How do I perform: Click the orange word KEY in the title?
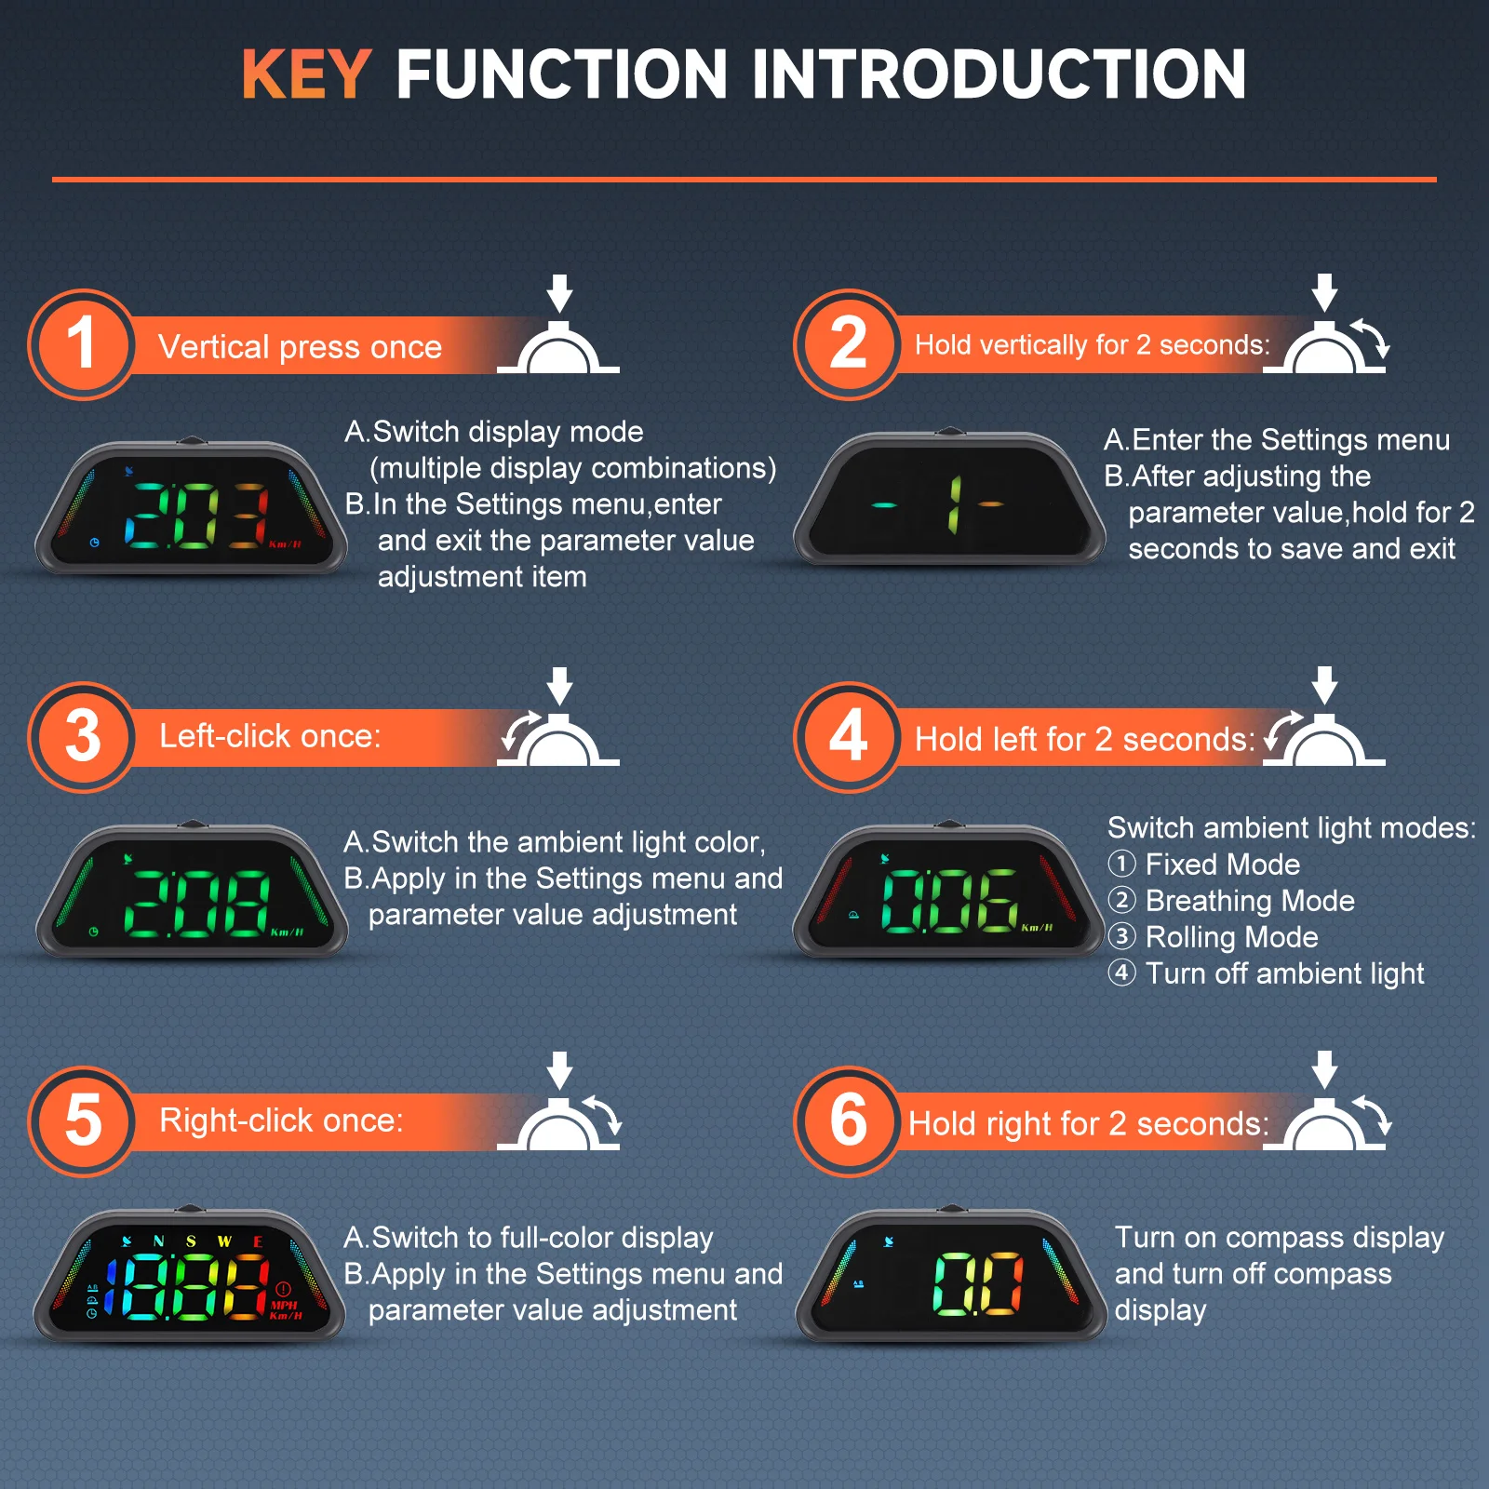coord(306,74)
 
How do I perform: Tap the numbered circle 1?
coord(83,344)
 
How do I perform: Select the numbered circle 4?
coord(848,737)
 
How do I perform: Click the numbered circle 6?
coord(848,1121)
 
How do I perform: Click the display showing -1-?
coord(948,498)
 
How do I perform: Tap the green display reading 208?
coord(191,890)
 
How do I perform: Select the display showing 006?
coord(948,890)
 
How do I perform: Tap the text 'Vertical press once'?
coord(300,347)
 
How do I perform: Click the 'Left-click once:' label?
coord(270,736)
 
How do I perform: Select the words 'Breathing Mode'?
coord(1250,901)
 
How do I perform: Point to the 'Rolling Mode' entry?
coord(1231,937)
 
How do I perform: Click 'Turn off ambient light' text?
coord(1284,973)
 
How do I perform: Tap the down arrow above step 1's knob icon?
coord(559,293)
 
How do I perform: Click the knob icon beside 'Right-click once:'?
coord(559,1123)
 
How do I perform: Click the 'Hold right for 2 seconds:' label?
coord(1089,1124)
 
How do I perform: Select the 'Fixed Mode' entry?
coord(1222,865)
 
